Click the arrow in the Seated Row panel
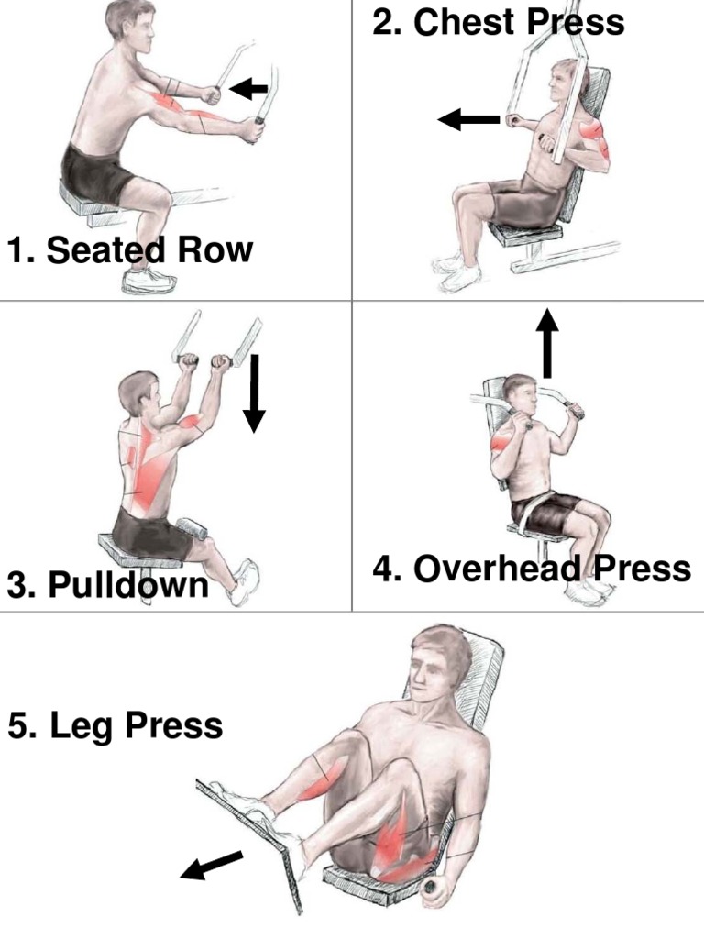pyautogui.click(x=248, y=89)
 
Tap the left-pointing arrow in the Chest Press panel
pyautogui.click(x=468, y=119)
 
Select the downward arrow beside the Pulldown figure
pyautogui.click(x=255, y=392)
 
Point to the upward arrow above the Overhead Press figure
pyautogui.click(x=546, y=343)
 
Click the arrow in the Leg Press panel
pyautogui.click(x=212, y=866)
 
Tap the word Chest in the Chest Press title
pyautogui.click(x=464, y=22)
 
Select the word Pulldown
pyautogui.click(x=128, y=584)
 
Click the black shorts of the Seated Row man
pyautogui.click(x=99, y=173)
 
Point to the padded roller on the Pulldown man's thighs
pyautogui.click(x=192, y=527)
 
